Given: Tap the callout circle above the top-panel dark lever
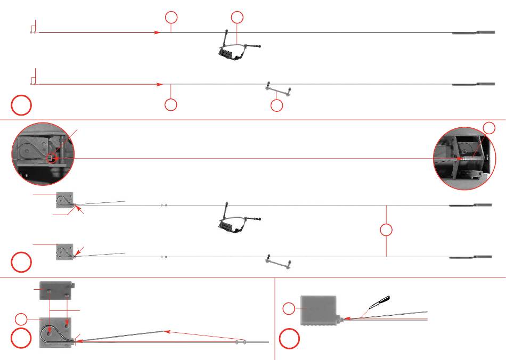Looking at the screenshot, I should pos(237,18).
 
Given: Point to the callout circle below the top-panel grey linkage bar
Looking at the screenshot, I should pos(276,105).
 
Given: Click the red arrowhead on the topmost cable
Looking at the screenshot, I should pos(157,32).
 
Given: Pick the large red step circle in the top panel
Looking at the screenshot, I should pos(21,105).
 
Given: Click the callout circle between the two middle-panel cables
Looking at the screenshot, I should pos(387,231).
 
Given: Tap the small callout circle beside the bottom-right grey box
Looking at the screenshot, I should pos(288,308).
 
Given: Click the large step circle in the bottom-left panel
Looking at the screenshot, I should pos(21,339).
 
